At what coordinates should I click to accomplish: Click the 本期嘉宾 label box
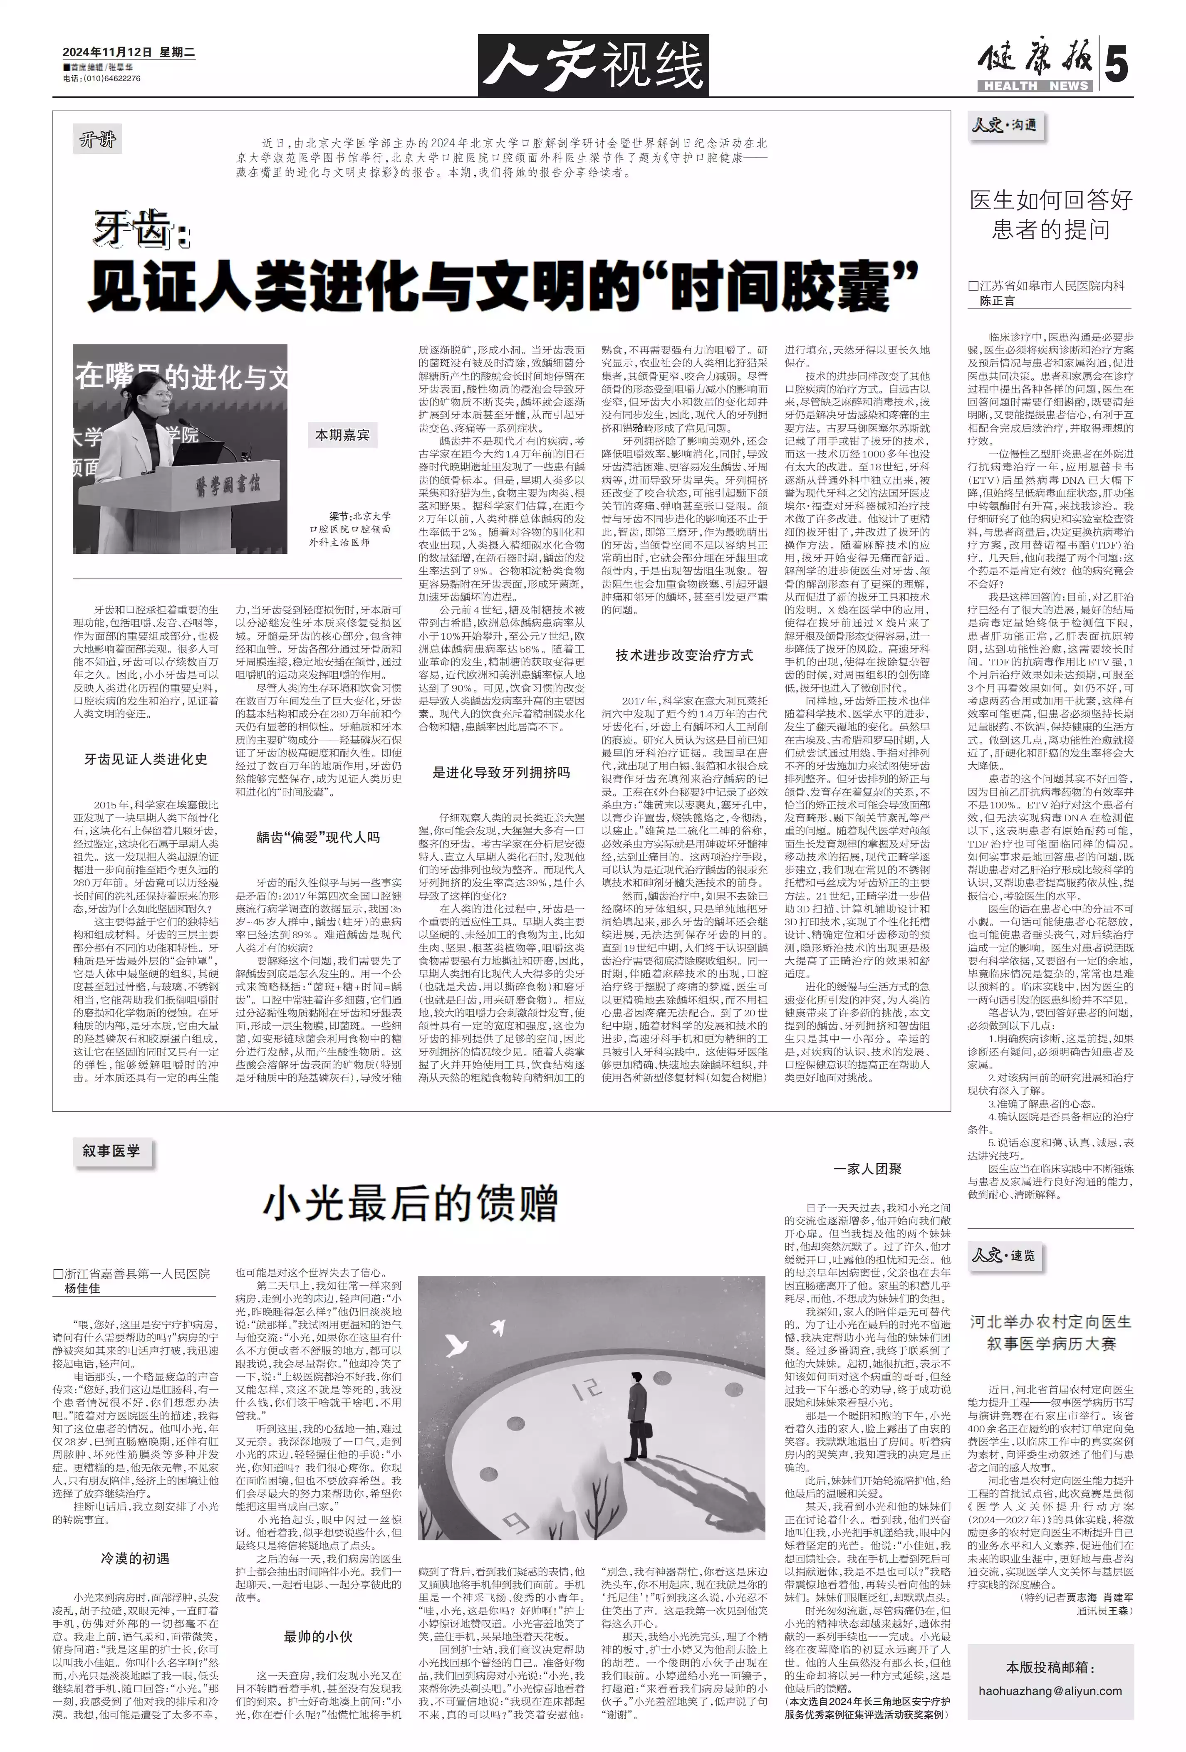click(342, 435)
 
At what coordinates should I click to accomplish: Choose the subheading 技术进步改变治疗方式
click(684, 655)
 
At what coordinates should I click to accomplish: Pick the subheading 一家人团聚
click(867, 1169)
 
